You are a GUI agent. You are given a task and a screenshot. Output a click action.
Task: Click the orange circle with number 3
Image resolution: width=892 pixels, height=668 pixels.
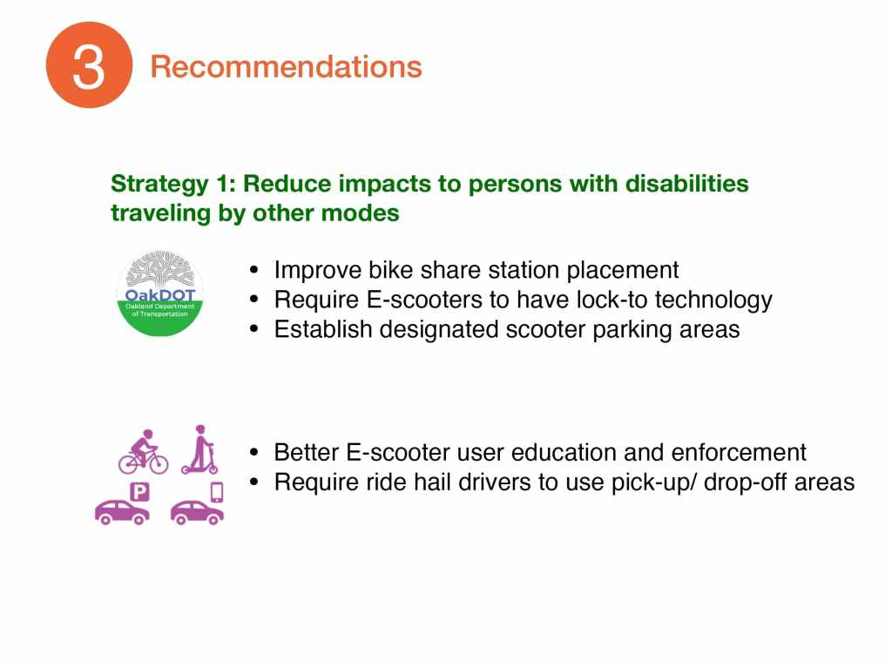pos(90,64)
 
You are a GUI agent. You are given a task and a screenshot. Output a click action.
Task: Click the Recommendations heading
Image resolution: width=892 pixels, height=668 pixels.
pos(286,66)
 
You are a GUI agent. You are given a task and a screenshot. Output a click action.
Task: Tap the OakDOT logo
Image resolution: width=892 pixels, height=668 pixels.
pos(160,293)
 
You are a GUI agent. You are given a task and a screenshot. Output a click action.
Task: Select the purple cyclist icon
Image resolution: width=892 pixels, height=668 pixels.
pos(144,452)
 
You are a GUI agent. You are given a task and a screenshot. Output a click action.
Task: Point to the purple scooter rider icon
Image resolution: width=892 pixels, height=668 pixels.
pos(199,449)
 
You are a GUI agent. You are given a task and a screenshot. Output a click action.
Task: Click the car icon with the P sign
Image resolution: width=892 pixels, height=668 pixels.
pos(122,503)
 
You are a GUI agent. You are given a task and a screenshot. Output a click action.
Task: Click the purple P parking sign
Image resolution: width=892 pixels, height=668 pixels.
pos(140,491)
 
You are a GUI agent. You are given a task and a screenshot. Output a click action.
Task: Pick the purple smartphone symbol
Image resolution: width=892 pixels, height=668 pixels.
pos(217,492)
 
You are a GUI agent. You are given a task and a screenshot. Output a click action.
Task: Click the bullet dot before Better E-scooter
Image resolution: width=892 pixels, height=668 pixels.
pos(254,453)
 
